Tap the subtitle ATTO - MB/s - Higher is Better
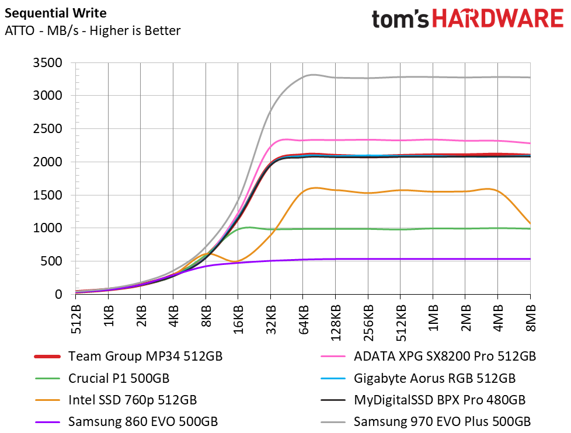pos(92,30)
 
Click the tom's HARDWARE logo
pos(467,18)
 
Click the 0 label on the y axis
pos(58,295)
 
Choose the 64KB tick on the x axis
pos(304,320)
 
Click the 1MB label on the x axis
pos(433,319)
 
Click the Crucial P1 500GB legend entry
pos(119,378)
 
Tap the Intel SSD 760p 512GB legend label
pos(132,400)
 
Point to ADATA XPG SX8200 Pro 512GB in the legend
pos(445,355)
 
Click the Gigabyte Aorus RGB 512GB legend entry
pos(434,378)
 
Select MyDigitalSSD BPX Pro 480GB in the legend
pos(440,400)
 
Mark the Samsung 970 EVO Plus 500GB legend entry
pos(442,421)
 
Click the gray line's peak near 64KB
pos(312,75)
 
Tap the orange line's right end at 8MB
pos(530,224)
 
